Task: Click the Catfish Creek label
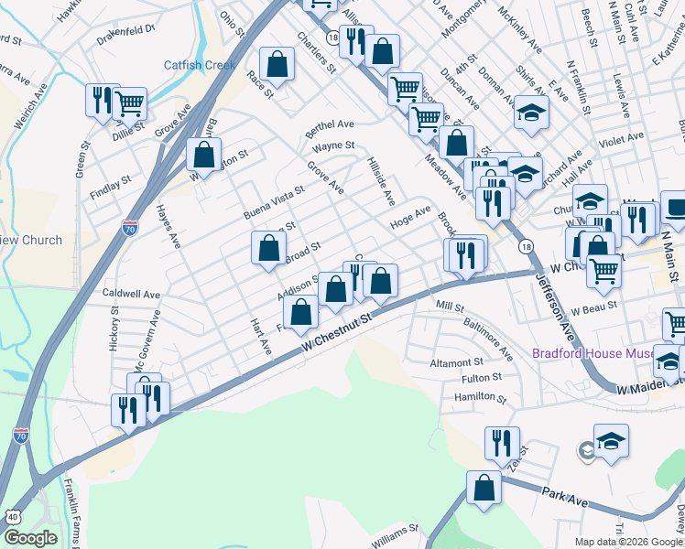200,65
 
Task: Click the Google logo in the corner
30,538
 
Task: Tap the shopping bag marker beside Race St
277,66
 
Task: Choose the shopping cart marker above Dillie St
130,102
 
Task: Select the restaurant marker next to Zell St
502,445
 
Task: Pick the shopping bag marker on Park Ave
484,489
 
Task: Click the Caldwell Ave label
131,296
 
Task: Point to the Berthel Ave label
331,124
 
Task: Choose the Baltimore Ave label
488,339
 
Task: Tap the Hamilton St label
480,398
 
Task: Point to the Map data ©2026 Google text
628,541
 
